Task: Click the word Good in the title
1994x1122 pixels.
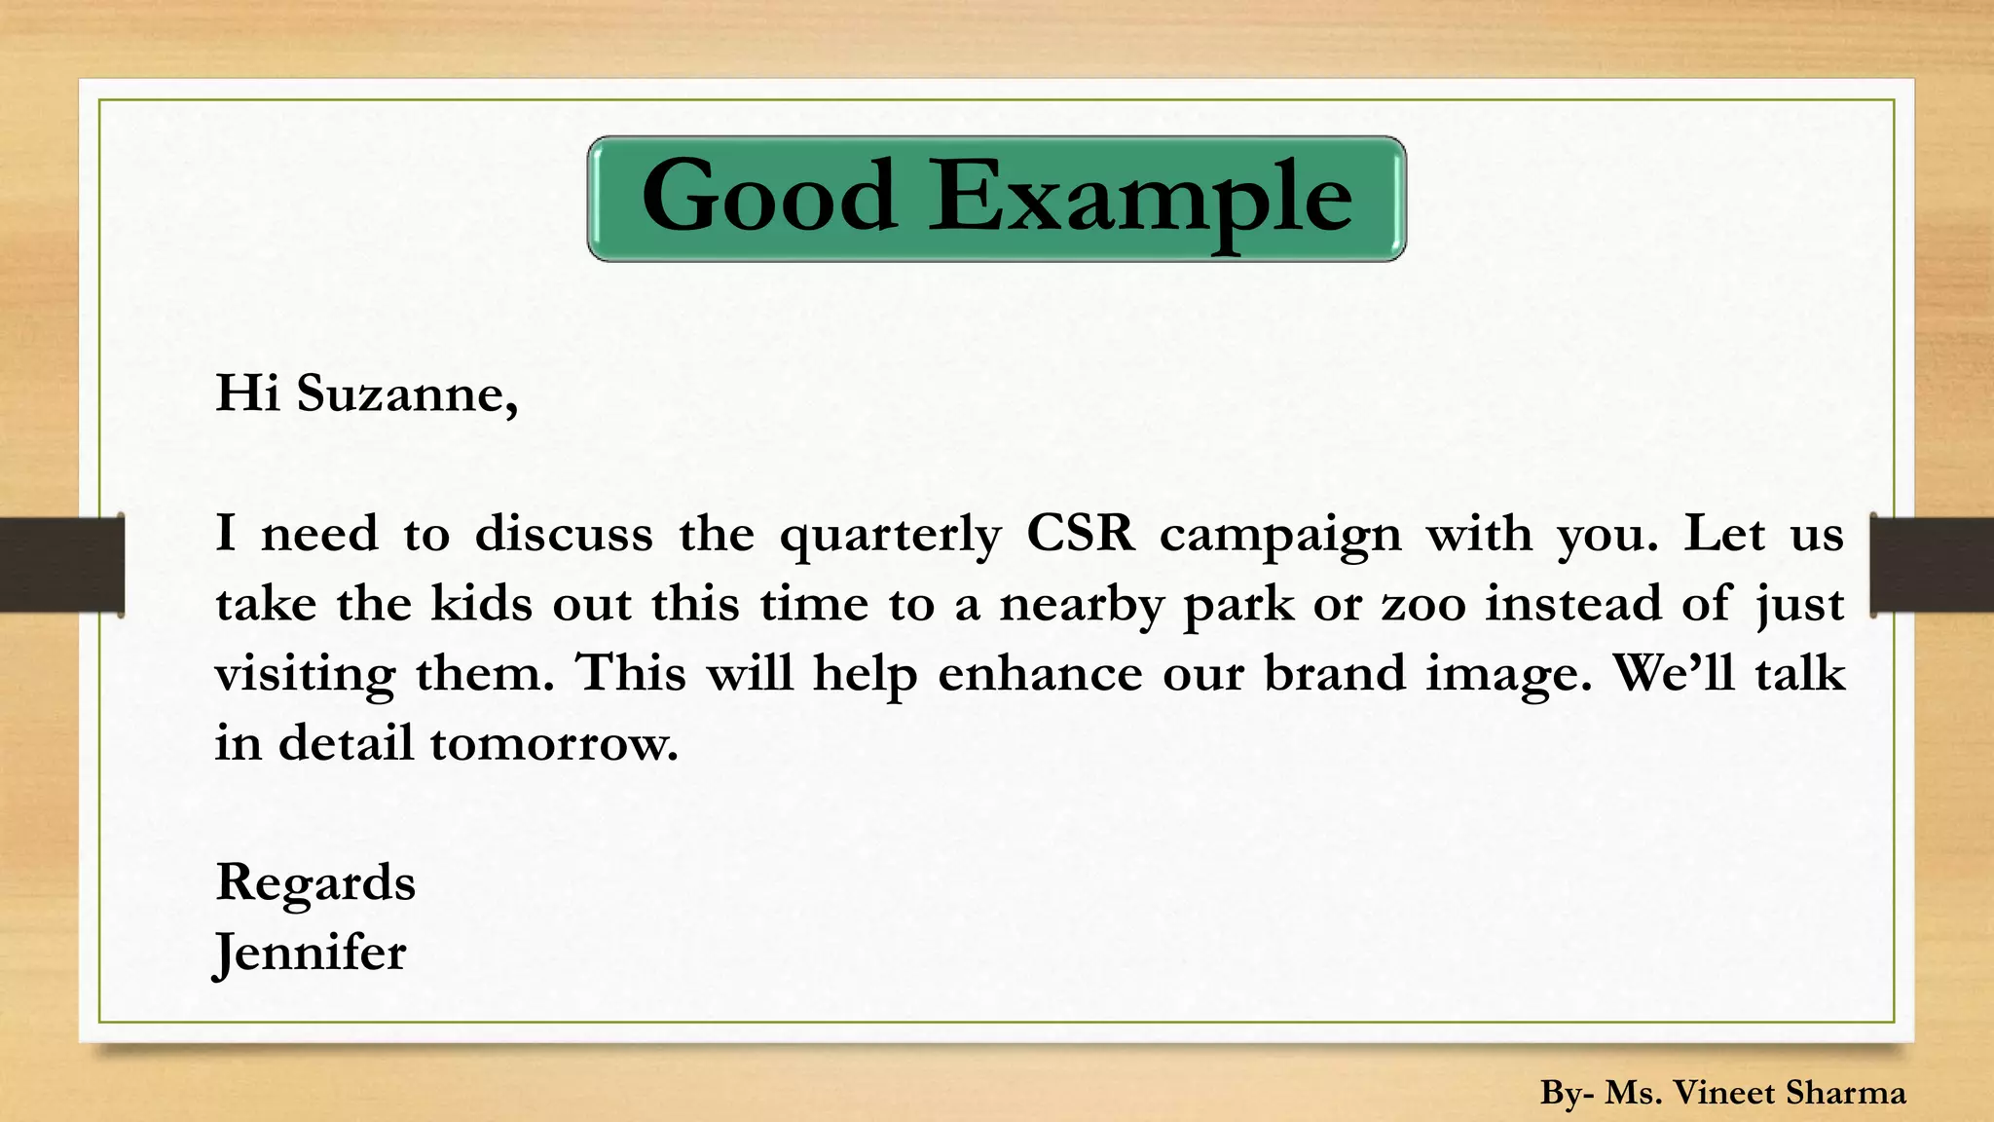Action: point(768,197)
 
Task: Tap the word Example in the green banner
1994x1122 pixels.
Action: point(1140,199)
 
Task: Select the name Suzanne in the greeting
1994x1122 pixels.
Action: point(406,394)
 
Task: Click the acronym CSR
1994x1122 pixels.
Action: point(1081,534)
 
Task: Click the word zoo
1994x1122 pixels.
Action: point(1423,604)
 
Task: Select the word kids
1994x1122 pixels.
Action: point(482,604)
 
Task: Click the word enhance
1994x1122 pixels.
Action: point(1040,673)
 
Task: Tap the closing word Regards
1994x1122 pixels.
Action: point(315,883)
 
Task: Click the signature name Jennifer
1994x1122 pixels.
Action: point(310,953)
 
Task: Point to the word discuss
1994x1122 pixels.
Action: point(564,534)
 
